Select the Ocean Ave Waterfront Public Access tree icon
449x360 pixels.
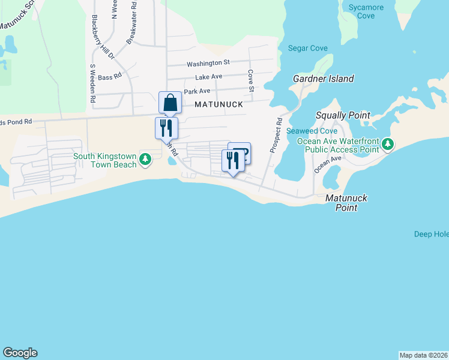(388, 144)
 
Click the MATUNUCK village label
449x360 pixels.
(218, 104)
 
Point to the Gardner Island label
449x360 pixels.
(323, 79)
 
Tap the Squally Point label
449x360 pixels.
(343, 115)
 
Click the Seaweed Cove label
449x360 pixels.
(312, 131)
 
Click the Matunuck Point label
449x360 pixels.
(346, 203)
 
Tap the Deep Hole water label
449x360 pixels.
(431, 234)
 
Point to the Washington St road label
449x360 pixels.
(208, 63)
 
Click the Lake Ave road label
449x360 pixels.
(209, 77)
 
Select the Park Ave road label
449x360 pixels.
(197, 91)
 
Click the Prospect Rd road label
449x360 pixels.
(276, 135)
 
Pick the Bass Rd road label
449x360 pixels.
(110, 77)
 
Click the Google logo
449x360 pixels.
(20, 353)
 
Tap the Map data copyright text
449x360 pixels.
(424, 355)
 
